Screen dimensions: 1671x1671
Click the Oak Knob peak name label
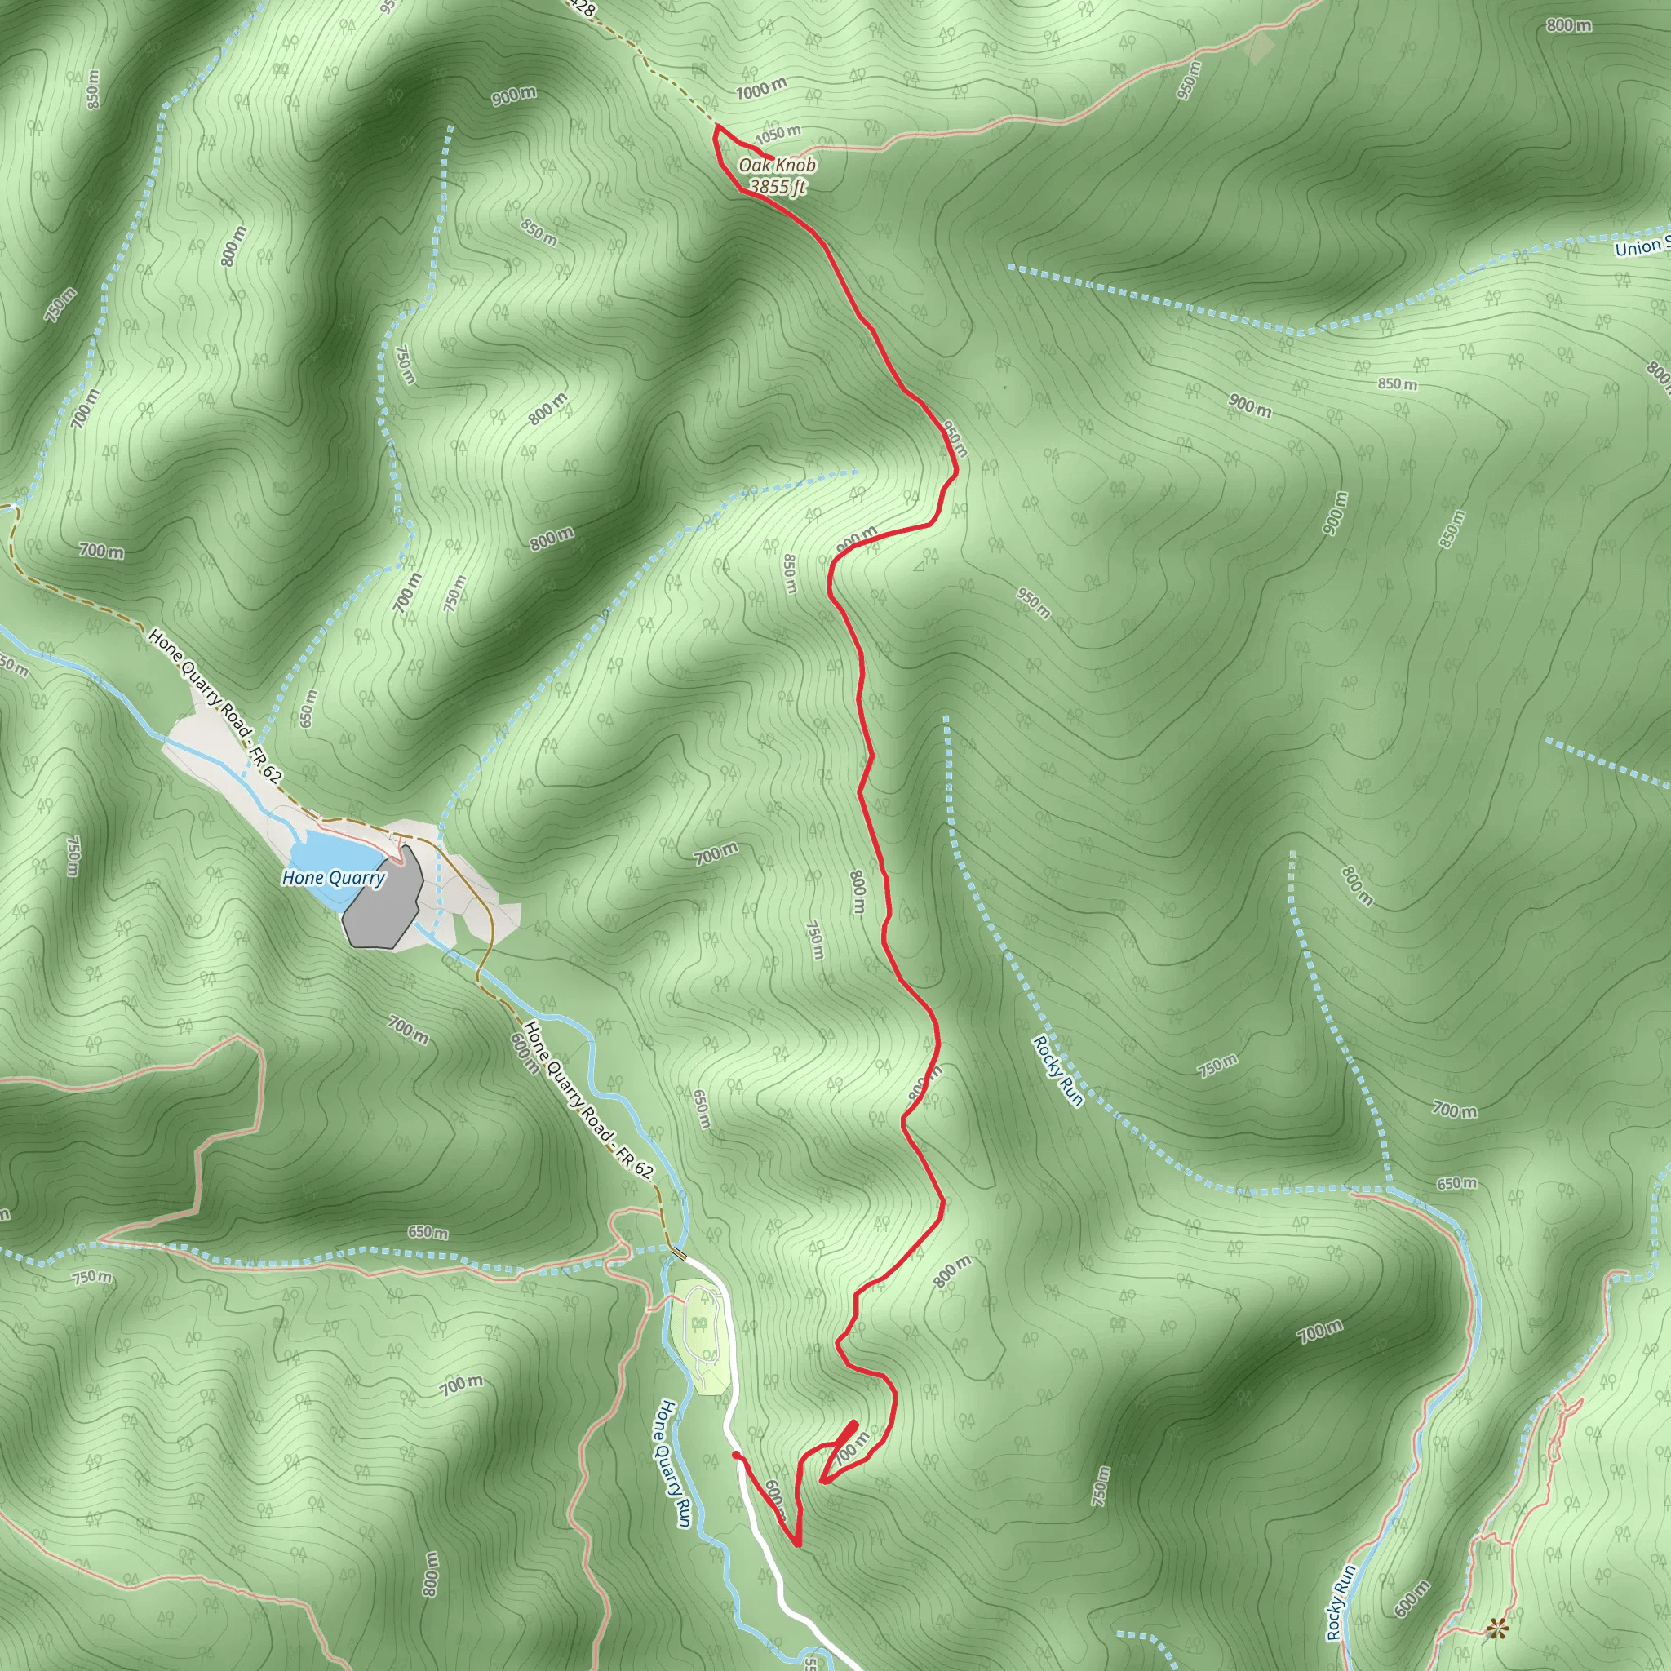click(777, 165)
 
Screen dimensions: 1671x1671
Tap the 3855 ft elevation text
click(777, 186)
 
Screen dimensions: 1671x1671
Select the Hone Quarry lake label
click(333, 878)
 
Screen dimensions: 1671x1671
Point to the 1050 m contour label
click(778, 134)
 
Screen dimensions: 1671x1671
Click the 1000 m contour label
click(761, 88)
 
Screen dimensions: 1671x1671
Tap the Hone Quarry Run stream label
click(674, 1464)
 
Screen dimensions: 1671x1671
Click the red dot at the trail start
click(735, 1456)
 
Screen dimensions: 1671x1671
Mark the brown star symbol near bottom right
click(1495, 1629)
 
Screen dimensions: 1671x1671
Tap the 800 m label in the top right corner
click(1568, 26)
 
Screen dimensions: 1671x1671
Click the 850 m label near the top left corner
click(92, 88)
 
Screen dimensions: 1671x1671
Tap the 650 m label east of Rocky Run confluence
click(1456, 1183)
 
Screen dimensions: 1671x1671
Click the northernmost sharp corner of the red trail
click(716, 126)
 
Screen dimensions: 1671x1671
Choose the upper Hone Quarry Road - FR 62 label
click(215, 706)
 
